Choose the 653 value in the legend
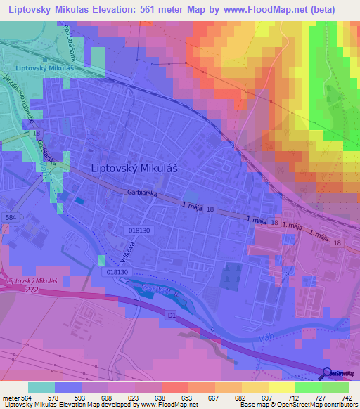click(174, 397)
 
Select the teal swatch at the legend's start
click(41, 387)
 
